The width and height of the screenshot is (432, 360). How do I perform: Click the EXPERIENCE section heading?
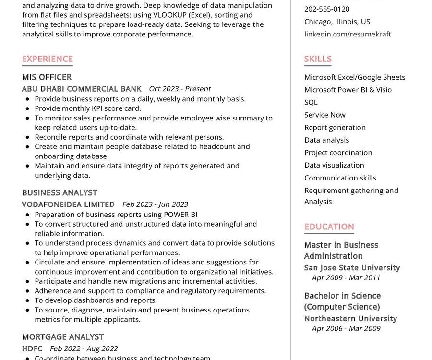tap(48, 59)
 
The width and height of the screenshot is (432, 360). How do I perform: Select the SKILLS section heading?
tap(318, 59)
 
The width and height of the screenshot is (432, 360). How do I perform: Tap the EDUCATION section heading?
tap(329, 227)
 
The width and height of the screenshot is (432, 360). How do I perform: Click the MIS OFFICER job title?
tap(47, 77)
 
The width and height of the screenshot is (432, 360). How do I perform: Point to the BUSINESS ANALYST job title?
tap(60, 192)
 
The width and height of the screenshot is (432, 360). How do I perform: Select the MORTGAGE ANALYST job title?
tap(62, 337)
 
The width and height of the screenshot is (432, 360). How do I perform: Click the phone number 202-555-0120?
tap(327, 9)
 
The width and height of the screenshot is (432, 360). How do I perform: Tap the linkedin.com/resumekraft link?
tap(348, 34)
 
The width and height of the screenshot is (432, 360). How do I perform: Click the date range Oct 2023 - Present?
tap(180, 89)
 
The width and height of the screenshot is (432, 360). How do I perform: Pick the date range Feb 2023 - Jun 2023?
tap(155, 204)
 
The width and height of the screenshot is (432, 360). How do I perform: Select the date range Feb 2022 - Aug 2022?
tap(84, 349)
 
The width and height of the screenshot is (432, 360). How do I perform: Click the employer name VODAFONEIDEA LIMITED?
tap(68, 204)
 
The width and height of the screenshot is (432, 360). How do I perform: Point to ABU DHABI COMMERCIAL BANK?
tap(82, 89)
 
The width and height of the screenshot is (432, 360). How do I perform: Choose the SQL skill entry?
tap(311, 102)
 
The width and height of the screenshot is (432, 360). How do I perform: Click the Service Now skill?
tap(324, 115)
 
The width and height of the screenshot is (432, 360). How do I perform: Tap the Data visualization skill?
tap(334, 165)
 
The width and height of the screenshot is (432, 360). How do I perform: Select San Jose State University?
tap(352, 268)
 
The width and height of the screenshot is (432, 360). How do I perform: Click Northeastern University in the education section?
tap(350, 318)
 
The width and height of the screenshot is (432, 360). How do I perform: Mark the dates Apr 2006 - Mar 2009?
tap(346, 329)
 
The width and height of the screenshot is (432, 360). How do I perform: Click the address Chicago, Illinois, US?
tap(337, 22)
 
